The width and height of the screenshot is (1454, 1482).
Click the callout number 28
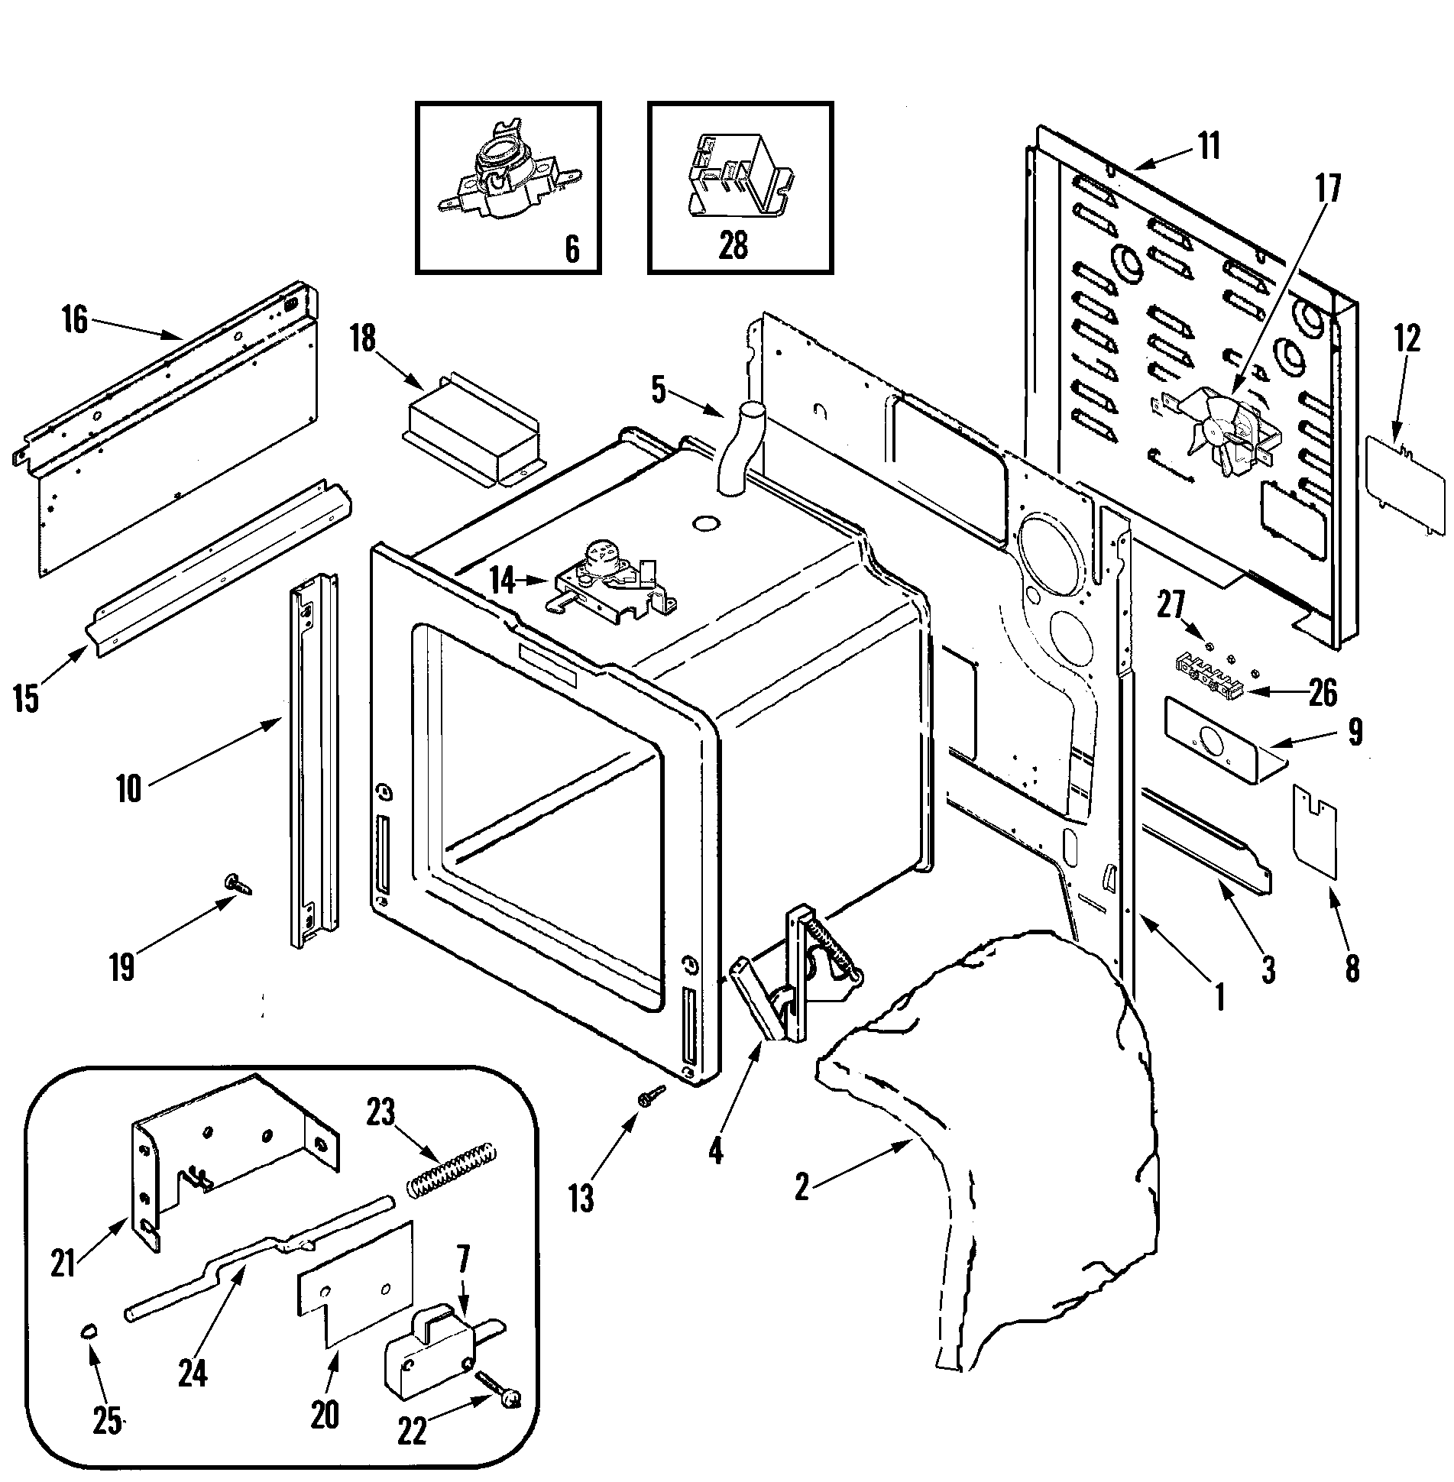(x=733, y=246)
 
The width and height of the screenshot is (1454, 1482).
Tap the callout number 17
(x=1328, y=189)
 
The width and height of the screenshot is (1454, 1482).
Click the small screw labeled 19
(x=235, y=884)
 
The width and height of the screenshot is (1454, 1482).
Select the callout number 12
(x=1407, y=338)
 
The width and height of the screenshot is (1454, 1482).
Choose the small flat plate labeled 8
(x=1316, y=841)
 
